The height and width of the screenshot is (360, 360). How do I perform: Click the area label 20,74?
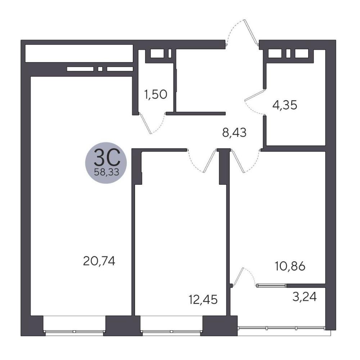(x=99, y=261)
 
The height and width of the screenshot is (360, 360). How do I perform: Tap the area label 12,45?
(x=203, y=300)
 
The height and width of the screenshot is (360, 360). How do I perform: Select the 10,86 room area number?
(x=290, y=266)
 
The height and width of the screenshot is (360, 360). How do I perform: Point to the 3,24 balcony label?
(x=305, y=297)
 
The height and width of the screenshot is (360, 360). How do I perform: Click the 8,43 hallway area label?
(x=234, y=132)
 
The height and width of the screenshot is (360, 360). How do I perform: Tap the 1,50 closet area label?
(x=156, y=94)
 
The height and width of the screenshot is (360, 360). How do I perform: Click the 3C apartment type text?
(x=107, y=157)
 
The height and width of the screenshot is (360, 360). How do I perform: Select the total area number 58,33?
(x=107, y=172)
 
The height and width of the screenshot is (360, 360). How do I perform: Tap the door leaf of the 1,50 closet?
(x=145, y=123)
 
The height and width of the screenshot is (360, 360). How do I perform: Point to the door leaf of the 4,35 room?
(x=255, y=95)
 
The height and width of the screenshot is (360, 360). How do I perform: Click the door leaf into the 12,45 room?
(x=210, y=161)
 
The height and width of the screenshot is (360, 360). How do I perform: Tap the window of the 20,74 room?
(x=75, y=332)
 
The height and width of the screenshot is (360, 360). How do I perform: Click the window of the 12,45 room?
(x=171, y=332)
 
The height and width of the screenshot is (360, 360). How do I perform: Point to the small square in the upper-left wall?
(x=100, y=69)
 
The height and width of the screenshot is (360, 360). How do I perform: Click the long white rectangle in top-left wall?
(x=79, y=53)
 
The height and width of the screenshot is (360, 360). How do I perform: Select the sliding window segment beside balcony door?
(x=271, y=285)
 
